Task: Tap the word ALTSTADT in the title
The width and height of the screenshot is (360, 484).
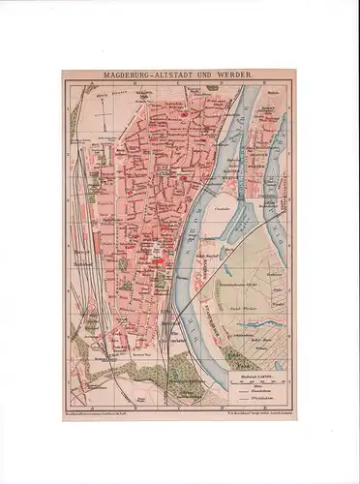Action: coord(182,73)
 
